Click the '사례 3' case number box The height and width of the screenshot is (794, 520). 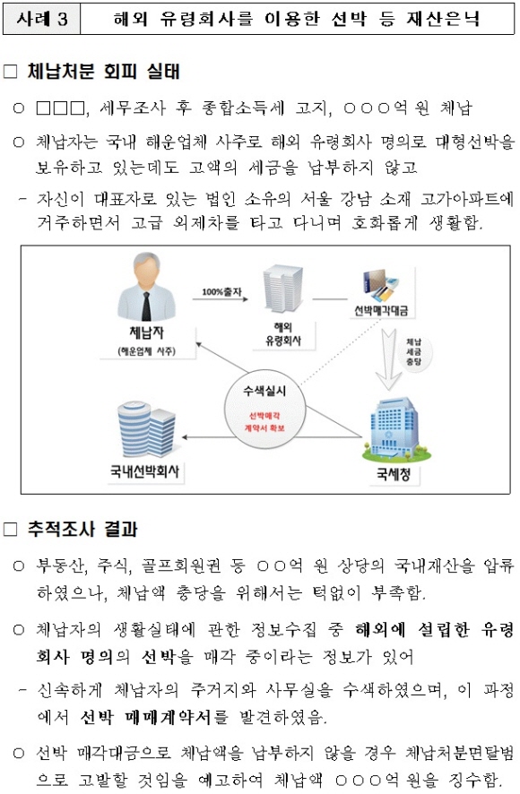41,19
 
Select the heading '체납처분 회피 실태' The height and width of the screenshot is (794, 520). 104,72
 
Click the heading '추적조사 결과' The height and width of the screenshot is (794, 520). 82,529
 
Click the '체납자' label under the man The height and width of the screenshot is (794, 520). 146,332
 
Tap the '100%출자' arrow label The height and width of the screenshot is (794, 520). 221,291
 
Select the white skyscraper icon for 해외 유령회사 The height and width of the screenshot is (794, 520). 282,289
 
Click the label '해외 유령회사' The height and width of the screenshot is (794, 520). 283,333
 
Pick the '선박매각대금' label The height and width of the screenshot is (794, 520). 381,310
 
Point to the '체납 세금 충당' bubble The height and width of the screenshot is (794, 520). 413,351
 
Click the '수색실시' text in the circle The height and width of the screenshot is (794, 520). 264,391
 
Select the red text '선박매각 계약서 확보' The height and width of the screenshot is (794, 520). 264,422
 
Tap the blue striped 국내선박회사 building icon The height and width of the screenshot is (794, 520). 146,430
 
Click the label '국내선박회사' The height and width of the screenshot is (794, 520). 145,471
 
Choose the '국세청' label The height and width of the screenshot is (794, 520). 394,474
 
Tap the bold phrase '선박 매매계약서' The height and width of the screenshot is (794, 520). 145,717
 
